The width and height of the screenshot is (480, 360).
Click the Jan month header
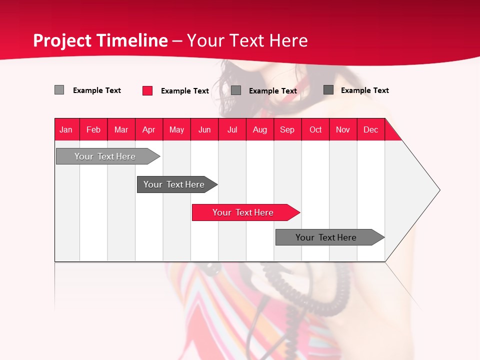66,129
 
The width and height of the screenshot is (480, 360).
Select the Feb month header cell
93,129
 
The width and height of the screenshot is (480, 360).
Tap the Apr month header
149,129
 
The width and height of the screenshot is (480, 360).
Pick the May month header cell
176,129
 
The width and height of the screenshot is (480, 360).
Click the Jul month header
232,129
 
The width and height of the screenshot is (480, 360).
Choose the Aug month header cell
260,129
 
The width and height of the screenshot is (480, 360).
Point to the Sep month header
287,129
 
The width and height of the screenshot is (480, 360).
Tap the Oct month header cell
315,129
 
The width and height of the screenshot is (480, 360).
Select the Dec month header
371,129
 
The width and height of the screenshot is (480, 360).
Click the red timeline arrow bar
245,212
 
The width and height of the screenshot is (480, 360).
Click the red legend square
147,90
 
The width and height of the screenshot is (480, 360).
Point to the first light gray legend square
59,90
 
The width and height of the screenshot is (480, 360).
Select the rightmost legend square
328,90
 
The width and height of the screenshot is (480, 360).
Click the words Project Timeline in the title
100,40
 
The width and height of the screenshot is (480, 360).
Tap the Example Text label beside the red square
185,91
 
